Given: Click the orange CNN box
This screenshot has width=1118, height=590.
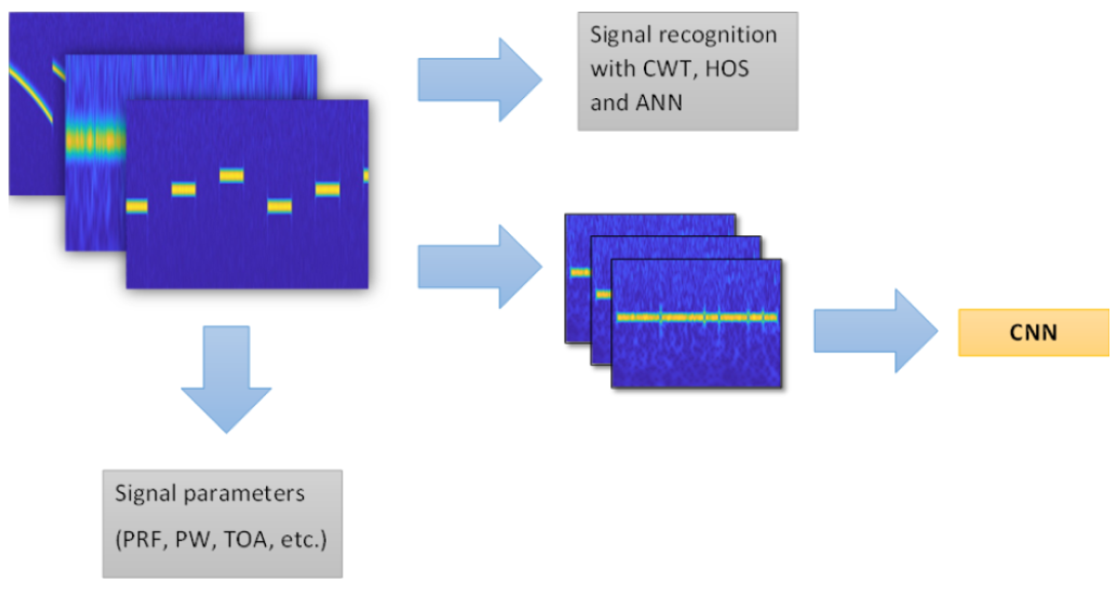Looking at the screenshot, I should [1033, 333].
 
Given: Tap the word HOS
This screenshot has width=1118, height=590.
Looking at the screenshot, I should [727, 69].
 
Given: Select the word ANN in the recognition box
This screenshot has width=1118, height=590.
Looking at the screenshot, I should [659, 103].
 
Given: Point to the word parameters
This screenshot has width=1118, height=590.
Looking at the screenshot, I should [244, 494].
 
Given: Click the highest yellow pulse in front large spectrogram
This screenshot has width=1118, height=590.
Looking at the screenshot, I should [231, 176].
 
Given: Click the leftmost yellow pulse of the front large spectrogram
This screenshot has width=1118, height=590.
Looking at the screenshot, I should [137, 206].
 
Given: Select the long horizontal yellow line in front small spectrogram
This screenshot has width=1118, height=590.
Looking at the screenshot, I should [696, 318].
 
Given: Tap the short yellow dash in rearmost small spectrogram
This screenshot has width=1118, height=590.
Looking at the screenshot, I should [580, 272].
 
